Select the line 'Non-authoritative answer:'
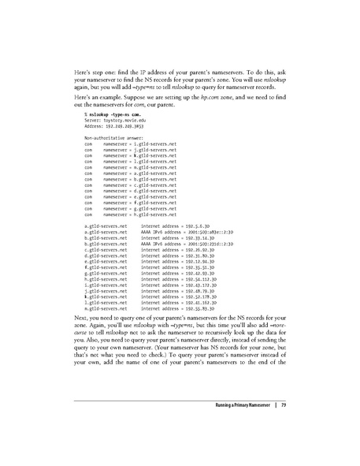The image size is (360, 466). [111, 137]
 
